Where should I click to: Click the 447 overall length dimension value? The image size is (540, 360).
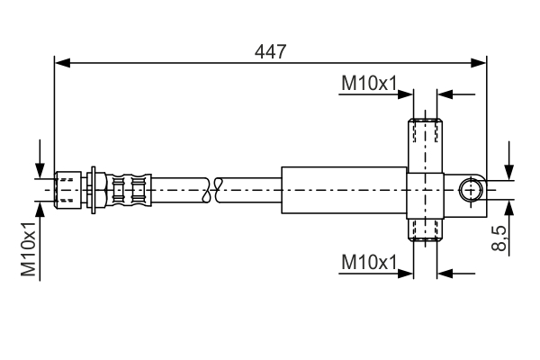click(x=270, y=51)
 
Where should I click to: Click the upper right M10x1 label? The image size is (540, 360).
click(x=369, y=84)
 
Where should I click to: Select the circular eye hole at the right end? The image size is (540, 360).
click(x=470, y=190)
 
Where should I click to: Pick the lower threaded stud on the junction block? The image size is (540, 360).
click(x=426, y=230)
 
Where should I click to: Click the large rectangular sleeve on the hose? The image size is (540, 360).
click(x=344, y=190)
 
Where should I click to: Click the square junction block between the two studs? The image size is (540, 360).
click(x=426, y=190)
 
